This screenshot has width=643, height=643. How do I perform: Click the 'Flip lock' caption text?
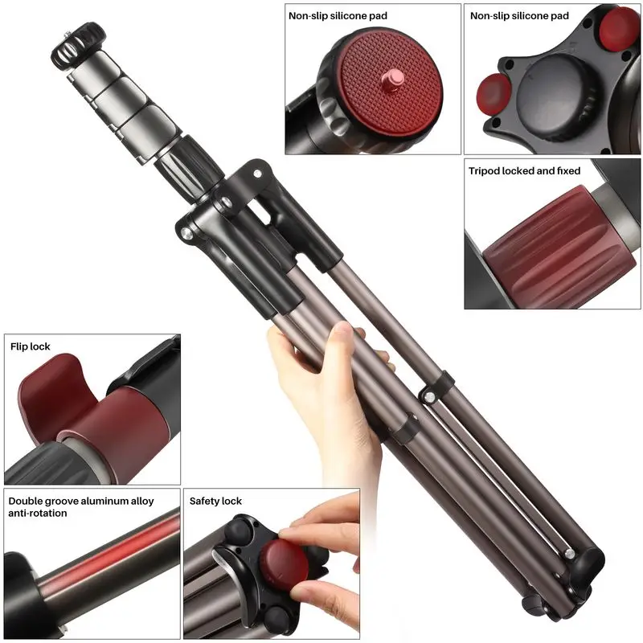point(31,346)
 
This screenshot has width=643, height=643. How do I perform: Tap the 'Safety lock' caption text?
point(215,501)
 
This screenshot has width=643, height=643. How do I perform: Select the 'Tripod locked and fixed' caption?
point(525,171)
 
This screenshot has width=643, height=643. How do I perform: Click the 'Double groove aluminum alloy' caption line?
point(81,501)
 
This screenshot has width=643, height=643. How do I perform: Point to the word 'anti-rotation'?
point(37,513)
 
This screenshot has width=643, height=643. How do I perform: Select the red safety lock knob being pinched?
point(285,563)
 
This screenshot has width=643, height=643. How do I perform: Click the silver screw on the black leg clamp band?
point(430,396)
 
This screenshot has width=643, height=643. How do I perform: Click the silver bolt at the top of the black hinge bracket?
point(257,174)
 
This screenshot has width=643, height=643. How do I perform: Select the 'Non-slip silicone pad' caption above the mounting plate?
point(338,16)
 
